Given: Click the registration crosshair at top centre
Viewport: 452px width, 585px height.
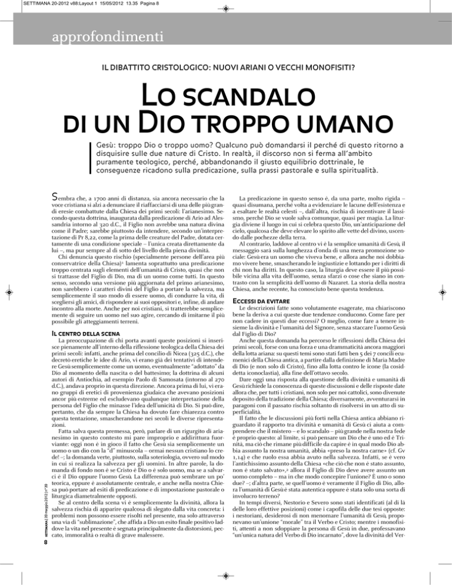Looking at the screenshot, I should click(x=226, y=9).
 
